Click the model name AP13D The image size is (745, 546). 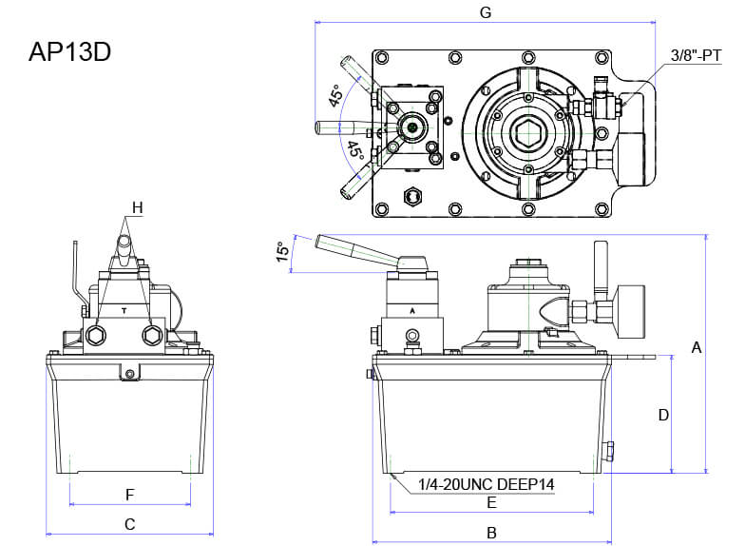point(69,52)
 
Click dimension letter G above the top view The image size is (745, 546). point(486,12)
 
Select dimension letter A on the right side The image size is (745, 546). point(697,348)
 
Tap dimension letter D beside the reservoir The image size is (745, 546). point(664,415)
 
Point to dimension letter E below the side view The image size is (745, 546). point(491,501)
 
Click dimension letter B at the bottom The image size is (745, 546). point(491,533)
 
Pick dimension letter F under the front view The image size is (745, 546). point(130,495)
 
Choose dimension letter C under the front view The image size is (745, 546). point(130,524)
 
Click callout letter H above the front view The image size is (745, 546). point(137,206)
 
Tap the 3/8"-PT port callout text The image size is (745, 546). point(697,57)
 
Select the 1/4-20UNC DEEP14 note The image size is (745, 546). point(486,484)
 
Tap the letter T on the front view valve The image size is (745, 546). point(124,310)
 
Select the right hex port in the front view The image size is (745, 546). point(152,334)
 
